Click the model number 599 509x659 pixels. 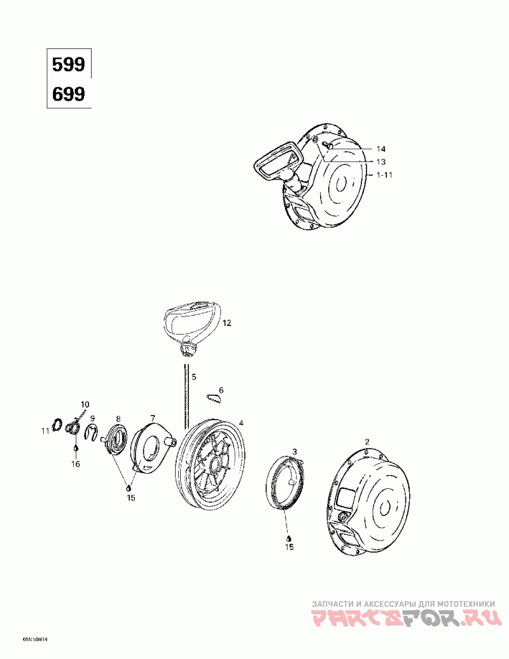(x=68, y=65)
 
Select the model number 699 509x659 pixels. (x=68, y=94)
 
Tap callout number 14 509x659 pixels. (x=381, y=148)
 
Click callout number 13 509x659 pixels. (x=381, y=161)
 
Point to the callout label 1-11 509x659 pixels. (x=383, y=174)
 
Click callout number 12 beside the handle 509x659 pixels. (x=227, y=323)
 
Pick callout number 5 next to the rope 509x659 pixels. (x=194, y=376)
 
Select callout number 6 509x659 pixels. (x=221, y=390)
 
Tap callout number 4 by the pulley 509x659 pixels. (x=241, y=423)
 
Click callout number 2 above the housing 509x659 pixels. (x=366, y=441)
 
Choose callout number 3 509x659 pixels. (x=295, y=451)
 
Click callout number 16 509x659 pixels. (x=76, y=464)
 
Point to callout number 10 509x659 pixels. (x=85, y=404)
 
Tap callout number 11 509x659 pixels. (x=45, y=431)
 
